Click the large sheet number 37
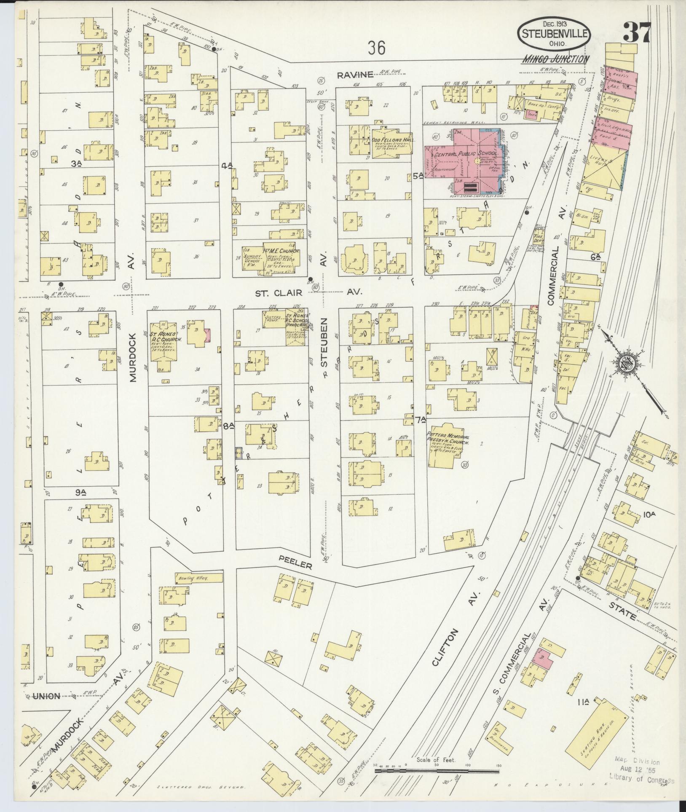coord(637,32)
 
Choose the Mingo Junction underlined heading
coord(555,59)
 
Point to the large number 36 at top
coord(376,48)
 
